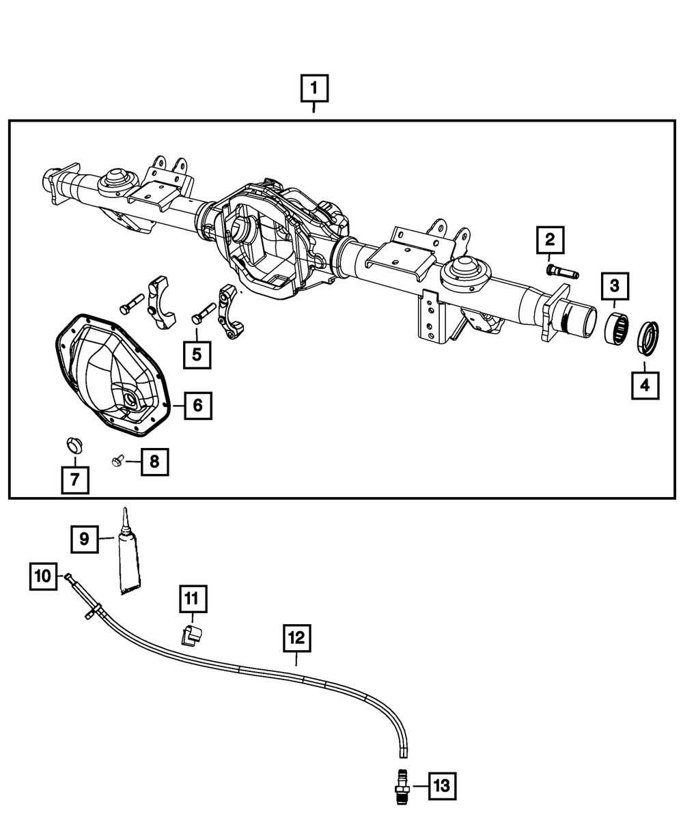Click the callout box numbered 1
(314, 88)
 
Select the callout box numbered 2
(550, 240)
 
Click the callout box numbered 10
(43, 576)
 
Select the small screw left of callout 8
(117, 462)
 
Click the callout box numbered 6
(197, 406)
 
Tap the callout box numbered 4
(644, 386)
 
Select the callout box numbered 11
(192, 599)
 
